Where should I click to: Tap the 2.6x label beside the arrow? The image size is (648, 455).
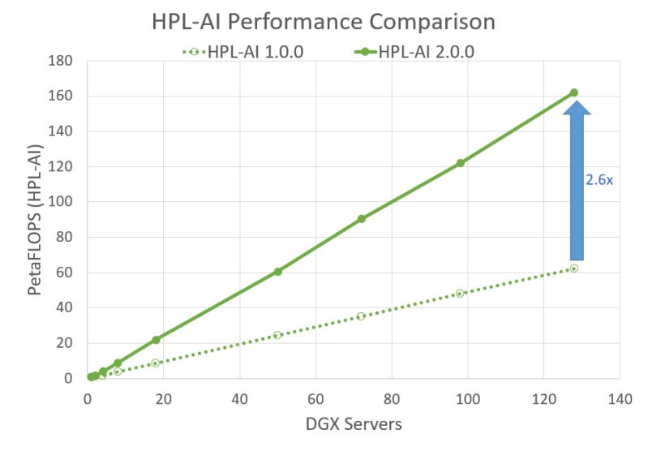(x=599, y=180)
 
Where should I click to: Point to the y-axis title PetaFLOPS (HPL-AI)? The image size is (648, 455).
(x=36, y=220)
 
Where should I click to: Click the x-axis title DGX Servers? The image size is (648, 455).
(x=354, y=423)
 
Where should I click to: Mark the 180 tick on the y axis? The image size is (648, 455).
(x=62, y=61)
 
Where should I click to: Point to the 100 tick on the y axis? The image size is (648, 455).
(x=62, y=202)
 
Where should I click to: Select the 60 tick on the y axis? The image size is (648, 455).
(x=65, y=273)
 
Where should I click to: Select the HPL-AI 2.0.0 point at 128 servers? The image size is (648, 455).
(x=573, y=92)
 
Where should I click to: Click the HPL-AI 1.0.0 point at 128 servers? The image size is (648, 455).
(x=573, y=268)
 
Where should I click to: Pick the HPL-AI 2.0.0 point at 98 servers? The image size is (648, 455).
(x=460, y=163)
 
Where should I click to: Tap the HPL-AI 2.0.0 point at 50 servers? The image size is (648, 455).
(x=277, y=272)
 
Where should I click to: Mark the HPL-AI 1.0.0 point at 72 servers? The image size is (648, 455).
(x=361, y=316)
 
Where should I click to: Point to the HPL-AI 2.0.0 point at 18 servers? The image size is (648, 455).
(x=156, y=340)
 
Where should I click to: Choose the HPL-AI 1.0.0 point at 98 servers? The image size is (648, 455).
(x=460, y=294)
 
